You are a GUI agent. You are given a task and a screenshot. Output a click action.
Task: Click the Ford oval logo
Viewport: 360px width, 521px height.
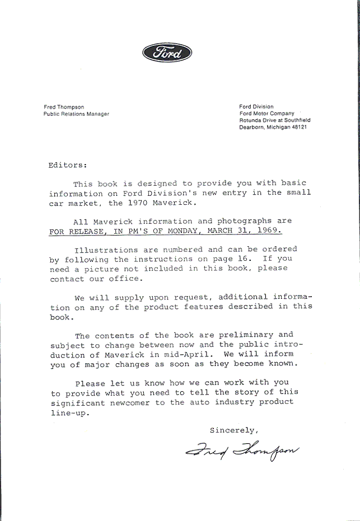(x=167, y=53)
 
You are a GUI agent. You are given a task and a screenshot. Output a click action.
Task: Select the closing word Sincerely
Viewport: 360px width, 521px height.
(x=233, y=430)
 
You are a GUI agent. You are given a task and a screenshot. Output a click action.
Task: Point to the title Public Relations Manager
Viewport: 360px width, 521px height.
(x=76, y=114)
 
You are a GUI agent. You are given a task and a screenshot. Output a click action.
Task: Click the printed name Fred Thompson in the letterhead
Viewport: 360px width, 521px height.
(x=64, y=106)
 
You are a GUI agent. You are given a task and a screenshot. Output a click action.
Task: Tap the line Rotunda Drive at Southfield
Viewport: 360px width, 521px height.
(x=274, y=120)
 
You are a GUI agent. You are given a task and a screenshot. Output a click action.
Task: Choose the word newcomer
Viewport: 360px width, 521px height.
(x=128, y=402)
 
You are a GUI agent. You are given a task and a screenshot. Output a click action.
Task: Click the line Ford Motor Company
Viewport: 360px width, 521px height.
(x=267, y=114)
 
